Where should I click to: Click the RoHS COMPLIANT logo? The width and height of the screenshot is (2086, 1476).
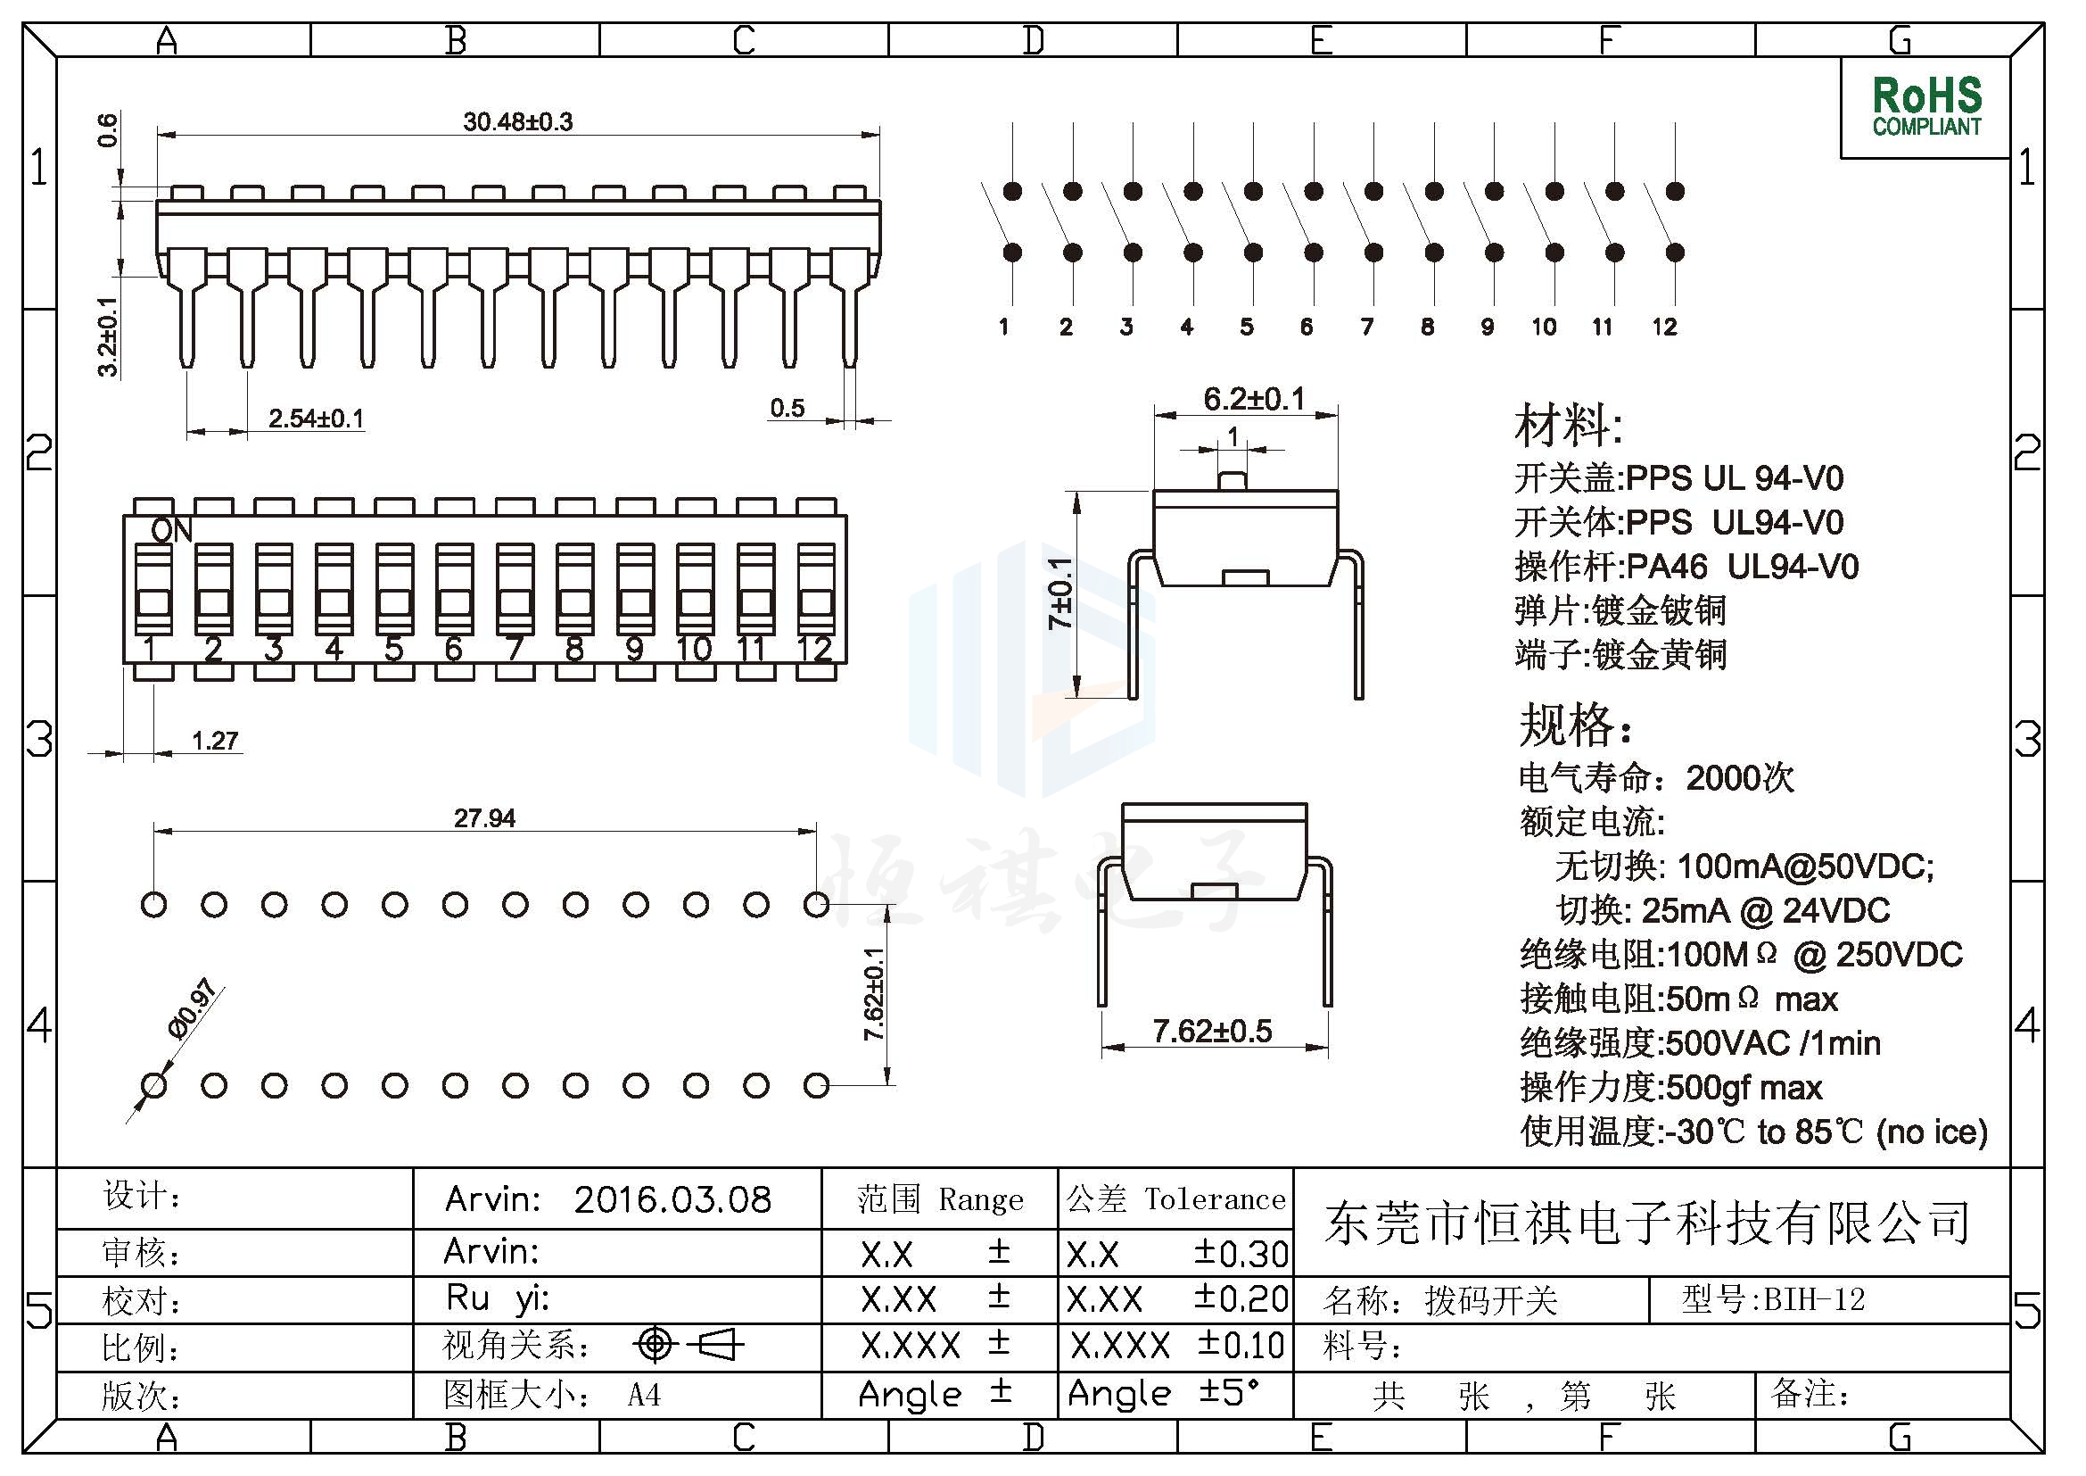tap(1926, 107)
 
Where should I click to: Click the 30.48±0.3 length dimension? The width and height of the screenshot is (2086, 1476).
tap(518, 121)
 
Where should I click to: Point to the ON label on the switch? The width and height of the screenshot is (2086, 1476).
tap(172, 531)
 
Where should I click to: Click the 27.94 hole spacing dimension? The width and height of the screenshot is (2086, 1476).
tap(484, 818)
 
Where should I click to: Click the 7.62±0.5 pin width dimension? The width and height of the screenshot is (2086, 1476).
tap(1213, 1032)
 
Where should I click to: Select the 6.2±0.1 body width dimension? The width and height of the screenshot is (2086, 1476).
tap(1254, 398)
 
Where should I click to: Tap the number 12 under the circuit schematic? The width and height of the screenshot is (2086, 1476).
tap(1664, 328)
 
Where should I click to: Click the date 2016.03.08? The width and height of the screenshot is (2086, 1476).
tap(672, 1199)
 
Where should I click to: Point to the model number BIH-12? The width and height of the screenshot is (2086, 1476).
tap(1814, 1299)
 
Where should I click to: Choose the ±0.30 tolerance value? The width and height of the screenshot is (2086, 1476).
tap(1241, 1253)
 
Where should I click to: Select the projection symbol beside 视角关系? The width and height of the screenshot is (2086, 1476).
tap(688, 1344)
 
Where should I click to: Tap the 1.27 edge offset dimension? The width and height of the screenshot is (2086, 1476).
tap(215, 741)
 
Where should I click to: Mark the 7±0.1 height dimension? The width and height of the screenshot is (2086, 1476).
tap(1061, 593)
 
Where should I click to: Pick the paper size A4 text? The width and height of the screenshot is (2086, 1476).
tap(643, 1394)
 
